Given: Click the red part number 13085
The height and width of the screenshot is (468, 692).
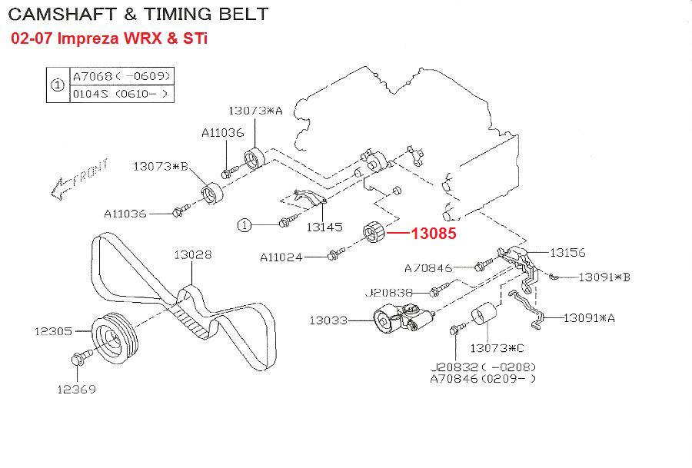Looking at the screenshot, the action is tap(434, 234).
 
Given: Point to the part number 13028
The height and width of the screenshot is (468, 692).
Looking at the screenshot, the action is tap(193, 255).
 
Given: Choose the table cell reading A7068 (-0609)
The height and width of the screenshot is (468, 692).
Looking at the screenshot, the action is tap(121, 76).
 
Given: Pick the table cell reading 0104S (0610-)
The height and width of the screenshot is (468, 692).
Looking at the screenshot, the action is tap(121, 94).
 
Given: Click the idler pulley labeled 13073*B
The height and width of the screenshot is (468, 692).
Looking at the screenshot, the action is tap(212, 193).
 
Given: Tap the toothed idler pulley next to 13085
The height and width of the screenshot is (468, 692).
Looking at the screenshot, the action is tap(374, 231).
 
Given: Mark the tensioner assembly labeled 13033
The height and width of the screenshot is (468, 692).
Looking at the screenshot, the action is tap(404, 320).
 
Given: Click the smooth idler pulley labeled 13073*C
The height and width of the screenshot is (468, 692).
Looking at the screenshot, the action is tap(484, 314).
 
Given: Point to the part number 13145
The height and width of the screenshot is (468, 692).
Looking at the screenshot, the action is tap(324, 227).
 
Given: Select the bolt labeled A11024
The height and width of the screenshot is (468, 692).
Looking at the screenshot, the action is tap(335, 254).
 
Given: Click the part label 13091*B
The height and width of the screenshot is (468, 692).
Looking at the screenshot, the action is tap(604, 277).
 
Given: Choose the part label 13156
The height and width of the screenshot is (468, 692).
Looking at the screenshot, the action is tap(567, 253).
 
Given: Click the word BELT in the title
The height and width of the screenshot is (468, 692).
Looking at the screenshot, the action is tap(244, 14).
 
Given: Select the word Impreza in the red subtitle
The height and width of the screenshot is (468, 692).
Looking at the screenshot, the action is tap(88, 38).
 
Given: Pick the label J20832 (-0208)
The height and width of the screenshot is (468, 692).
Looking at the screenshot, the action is tap(483, 367).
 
